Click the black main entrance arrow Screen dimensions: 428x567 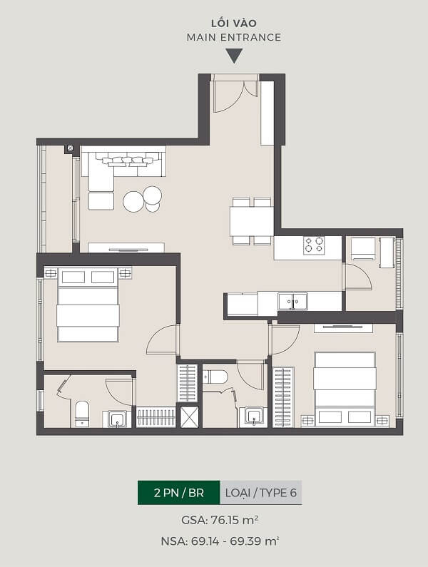coord(234,56)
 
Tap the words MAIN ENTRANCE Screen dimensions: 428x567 coord(234,37)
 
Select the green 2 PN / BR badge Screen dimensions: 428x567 coord(179,493)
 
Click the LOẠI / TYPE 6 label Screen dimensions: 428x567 coord(261,493)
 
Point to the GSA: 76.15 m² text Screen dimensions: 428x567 coord(220,520)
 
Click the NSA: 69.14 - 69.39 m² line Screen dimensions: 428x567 coord(220,541)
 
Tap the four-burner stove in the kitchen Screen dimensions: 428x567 coord(314,245)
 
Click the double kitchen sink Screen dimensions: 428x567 coord(293,301)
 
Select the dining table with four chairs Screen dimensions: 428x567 coord(252,221)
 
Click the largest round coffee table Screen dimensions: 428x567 coord(134,201)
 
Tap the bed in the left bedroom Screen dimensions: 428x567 coord(88,305)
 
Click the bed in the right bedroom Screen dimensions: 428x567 coord(344,389)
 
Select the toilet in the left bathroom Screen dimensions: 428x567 coord(82,414)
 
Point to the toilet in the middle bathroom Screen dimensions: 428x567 coord(215,377)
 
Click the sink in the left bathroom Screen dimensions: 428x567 coord(117,419)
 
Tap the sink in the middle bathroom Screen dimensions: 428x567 coord(255,417)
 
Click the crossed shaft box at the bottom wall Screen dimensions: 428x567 coord(190,417)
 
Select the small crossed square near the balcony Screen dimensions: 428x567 coord(70,148)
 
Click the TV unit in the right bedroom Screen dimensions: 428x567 coord(343,328)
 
